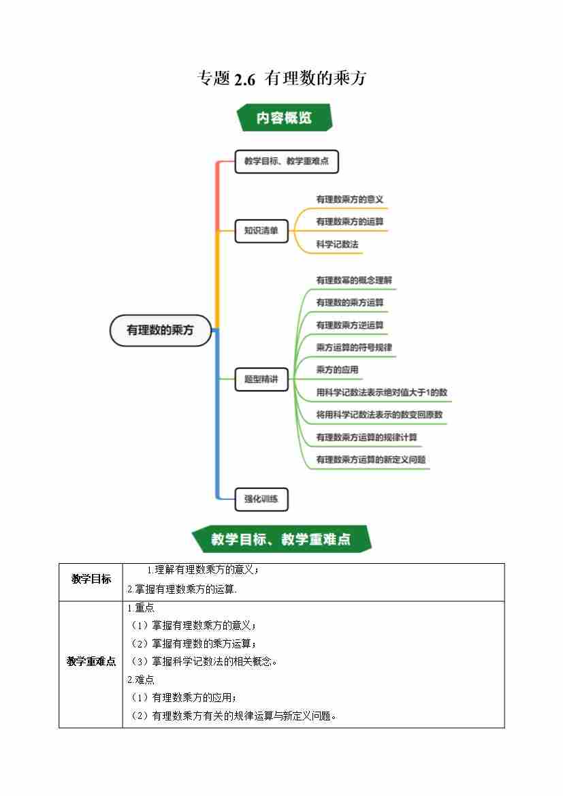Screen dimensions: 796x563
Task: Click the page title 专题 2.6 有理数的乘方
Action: pyautogui.click(x=281, y=78)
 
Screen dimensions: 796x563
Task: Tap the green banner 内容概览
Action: pyautogui.click(x=284, y=117)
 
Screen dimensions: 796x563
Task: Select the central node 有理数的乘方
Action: pyautogui.click(x=161, y=330)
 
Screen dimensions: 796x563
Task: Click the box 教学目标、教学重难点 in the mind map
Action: pyautogui.click(x=287, y=162)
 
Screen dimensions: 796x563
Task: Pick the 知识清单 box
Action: pyautogui.click(x=261, y=231)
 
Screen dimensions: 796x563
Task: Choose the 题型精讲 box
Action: pyautogui.click(x=261, y=379)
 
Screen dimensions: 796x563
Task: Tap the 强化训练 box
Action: pyautogui.click(x=261, y=499)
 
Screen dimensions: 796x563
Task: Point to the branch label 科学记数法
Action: pyautogui.click(x=337, y=244)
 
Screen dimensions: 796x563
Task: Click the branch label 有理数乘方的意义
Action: pyautogui.click(x=350, y=200)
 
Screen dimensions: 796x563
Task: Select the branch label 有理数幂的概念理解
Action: pyautogui.click(x=354, y=280)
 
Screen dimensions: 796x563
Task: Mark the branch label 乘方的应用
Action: pyautogui.click(x=337, y=370)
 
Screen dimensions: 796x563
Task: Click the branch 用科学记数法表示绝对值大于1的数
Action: pyautogui.click(x=381, y=392)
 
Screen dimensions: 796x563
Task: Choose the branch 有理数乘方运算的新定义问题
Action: pyautogui.click(x=371, y=460)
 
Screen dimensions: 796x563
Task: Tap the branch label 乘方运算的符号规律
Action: pyautogui.click(x=354, y=347)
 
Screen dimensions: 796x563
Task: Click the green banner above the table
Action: pyautogui.click(x=280, y=539)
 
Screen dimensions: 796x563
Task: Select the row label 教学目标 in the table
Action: pyautogui.click(x=91, y=579)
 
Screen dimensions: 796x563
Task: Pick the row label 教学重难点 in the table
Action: pyautogui.click(x=91, y=661)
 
